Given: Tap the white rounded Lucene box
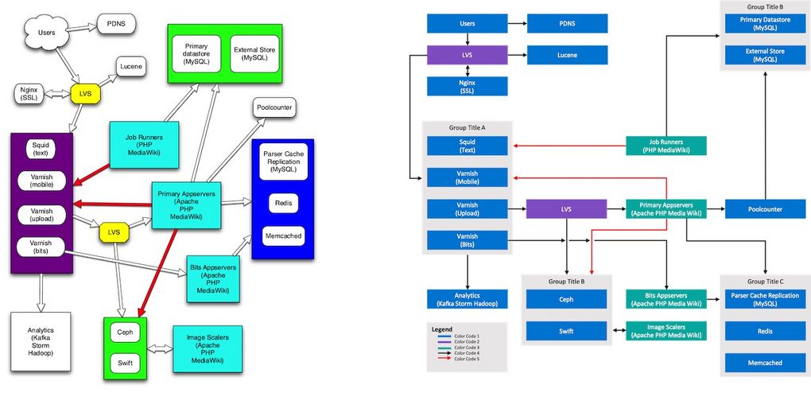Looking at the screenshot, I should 131,67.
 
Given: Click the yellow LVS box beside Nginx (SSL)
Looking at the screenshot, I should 86,95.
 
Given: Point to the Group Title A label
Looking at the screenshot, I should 467,126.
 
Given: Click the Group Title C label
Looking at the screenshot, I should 764,282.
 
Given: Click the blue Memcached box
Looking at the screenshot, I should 764,362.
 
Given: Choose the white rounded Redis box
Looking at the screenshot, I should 282,203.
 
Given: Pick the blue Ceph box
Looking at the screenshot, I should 566,300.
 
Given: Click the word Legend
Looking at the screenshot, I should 441,329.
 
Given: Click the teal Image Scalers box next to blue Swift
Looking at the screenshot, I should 665,331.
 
